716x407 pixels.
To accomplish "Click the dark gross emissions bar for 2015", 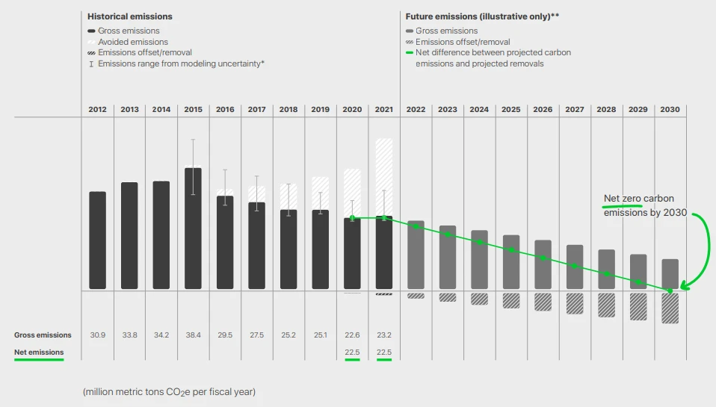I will click(x=193, y=228).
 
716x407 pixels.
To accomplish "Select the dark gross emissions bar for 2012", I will click(x=97, y=240).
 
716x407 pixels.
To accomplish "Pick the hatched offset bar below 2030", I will click(x=670, y=307).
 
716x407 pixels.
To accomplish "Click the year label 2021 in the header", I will click(x=383, y=109).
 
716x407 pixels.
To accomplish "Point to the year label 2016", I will click(x=225, y=109).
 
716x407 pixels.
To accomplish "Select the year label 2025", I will click(x=511, y=109).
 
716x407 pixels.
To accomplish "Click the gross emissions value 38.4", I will click(x=193, y=335).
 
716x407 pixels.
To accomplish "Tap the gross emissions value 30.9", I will click(x=97, y=335).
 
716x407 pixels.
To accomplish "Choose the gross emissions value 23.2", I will click(x=383, y=335).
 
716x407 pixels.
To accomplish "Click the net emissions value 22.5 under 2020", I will click(x=352, y=352).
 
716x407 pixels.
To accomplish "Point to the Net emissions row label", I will click(x=39, y=352).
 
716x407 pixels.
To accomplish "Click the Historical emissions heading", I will click(x=129, y=16).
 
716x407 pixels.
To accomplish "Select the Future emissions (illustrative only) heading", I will click(x=483, y=16).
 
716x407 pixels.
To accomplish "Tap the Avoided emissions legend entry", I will click(x=133, y=42).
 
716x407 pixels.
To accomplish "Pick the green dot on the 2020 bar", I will click(x=352, y=218).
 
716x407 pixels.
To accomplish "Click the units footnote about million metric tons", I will click(x=169, y=391).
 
